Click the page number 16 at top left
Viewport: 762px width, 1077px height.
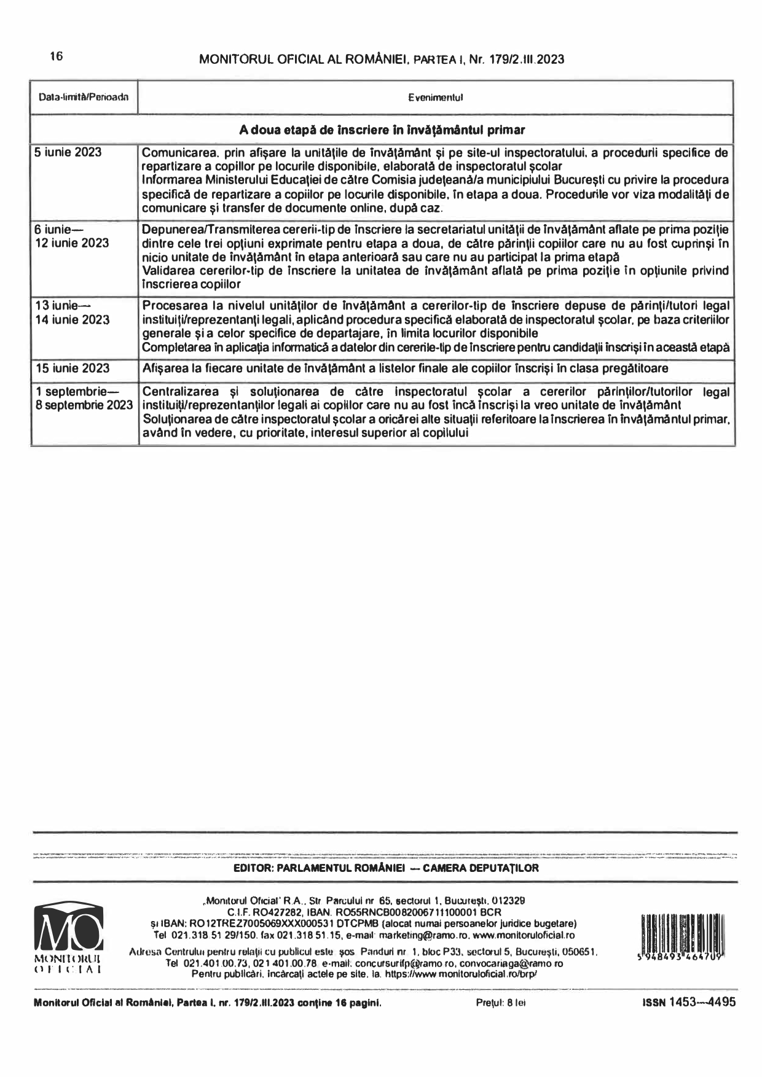click(x=56, y=57)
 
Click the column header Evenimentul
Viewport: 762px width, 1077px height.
click(x=435, y=98)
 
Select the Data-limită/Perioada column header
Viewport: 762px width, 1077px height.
click(x=84, y=98)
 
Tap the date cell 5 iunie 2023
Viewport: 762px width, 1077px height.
click(x=68, y=152)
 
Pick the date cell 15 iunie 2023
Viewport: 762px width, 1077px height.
click(x=73, y=368)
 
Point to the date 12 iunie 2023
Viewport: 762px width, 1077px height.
click(x=72, y=243)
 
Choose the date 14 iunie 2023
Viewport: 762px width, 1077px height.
click(x=73, y=320)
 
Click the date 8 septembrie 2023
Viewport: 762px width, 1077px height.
click(x=84, y=405)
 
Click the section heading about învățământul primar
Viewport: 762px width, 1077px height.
click(x=382, y=130)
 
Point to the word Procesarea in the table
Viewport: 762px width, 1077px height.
click(x=168, y=306)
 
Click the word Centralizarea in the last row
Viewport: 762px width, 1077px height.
click(x=176, y=392)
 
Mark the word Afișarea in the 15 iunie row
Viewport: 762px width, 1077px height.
click(x=163, y=368)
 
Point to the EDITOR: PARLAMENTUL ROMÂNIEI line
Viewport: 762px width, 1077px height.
click(x=386, y=868)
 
